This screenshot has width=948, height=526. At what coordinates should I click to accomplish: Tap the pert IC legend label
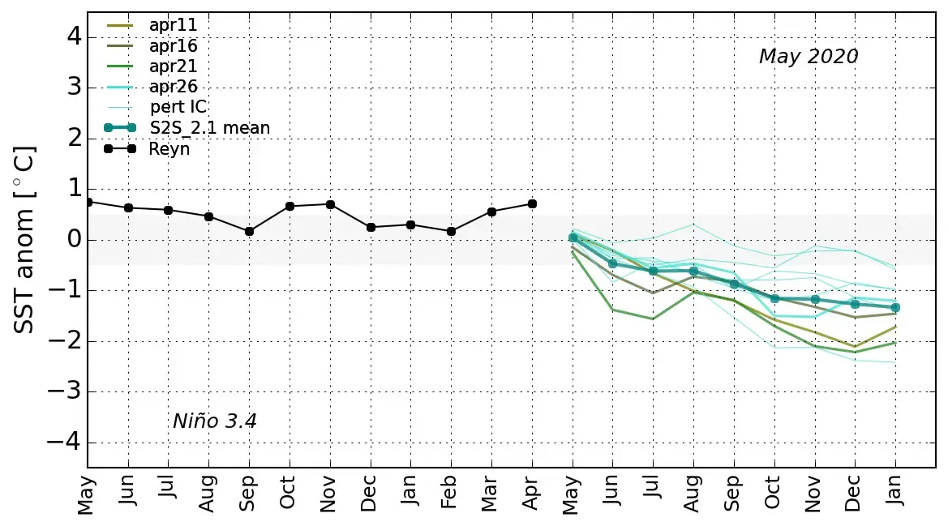(x=178, y=107)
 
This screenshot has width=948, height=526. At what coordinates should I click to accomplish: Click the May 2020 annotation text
(x=808, y=57)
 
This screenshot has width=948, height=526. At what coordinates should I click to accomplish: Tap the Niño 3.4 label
(x=215, y=421)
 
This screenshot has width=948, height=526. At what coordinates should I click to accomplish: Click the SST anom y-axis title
(x=25, y=239)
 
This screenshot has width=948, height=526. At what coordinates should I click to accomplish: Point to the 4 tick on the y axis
(x=74, y=36)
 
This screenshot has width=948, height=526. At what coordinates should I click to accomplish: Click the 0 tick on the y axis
(x=74, y=239)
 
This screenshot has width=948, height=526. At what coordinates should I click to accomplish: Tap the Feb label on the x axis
(x=451, y=494)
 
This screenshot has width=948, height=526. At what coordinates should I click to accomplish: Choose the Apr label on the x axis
(x=532, y=494)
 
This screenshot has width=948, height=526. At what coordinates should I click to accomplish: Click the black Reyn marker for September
(x=249, y=231)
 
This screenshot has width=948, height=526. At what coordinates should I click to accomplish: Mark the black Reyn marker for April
(x=532, y=203)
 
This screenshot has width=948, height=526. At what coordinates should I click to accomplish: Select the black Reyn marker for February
(x=451, y=231)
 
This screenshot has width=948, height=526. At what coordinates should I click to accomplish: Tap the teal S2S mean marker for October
(x=774, y=298)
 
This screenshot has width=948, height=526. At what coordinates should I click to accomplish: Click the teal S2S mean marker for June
(x=613, y=263)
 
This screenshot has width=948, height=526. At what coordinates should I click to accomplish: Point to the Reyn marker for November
(x=330, y=204)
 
